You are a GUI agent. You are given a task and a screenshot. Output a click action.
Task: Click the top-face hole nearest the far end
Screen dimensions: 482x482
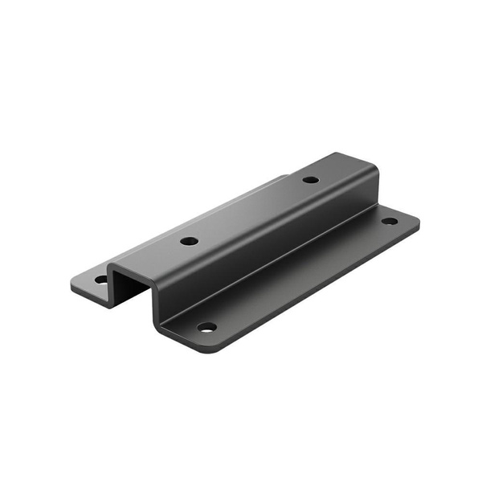[311, 179]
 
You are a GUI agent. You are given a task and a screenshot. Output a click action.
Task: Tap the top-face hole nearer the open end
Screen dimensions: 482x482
[189, 240]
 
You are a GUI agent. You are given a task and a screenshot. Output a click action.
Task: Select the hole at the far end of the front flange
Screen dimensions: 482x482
[389, 221]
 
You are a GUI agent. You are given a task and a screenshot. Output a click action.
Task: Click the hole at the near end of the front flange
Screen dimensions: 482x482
[207, 327]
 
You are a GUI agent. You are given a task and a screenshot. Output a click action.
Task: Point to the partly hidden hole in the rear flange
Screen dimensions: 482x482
[101, 280]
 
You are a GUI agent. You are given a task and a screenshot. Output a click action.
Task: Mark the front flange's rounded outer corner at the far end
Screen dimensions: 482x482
[415, 219]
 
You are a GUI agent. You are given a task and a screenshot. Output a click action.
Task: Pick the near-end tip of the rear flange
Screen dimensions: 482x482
[75, 285]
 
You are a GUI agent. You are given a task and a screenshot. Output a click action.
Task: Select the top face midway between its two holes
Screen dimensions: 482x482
[250, 210]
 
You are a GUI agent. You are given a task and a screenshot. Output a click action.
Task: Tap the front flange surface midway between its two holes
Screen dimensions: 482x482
[298, 274]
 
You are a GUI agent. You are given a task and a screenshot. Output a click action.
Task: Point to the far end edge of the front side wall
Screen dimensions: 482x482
[376, 185]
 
